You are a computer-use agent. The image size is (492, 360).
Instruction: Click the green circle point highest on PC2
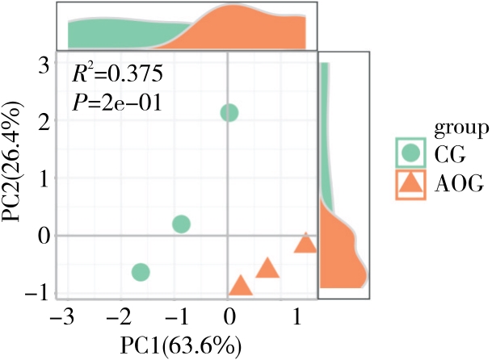point(229,112)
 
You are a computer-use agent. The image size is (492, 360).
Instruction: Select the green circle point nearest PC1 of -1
point(181,224)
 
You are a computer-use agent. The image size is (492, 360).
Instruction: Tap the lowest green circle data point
point(141,272)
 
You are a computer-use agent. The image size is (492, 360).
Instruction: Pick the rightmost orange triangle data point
point(305,243)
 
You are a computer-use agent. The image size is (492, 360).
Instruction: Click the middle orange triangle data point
point(267,268)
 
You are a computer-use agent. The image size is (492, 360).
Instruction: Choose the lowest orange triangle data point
point(240,285)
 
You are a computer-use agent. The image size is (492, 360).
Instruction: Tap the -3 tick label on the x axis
point(60,316)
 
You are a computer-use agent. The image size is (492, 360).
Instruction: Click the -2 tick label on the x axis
point(117,316)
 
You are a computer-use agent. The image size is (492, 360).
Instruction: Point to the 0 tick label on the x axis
point(229,316)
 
